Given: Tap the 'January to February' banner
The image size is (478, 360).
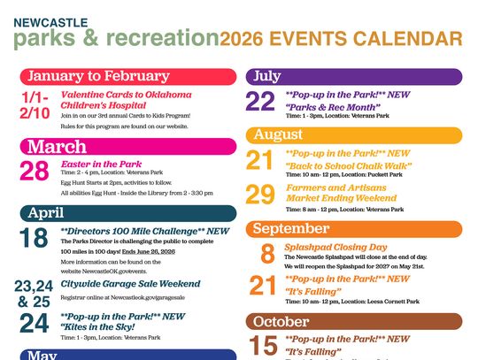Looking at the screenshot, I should (x=128, y=76).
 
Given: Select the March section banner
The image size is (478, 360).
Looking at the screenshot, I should (x=128, y=146).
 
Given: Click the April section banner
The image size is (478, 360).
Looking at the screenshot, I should (x=128, y=213).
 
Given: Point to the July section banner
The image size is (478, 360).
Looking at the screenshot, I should (x=353, y=77).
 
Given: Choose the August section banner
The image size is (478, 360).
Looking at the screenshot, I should (x=353, y=134).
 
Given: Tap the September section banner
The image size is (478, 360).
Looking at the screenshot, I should (x=353, y=229).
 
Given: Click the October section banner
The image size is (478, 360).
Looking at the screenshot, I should (x=353, y=321).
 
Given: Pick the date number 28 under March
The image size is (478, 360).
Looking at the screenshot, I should (x=35, y=172).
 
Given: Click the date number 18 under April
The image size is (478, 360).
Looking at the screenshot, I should (x=34, y=239).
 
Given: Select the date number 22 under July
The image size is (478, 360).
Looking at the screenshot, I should (x=261, y=102).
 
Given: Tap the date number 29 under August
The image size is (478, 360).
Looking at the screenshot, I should (x=261, y=195).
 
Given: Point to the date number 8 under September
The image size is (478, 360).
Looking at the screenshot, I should (x=267, y=254).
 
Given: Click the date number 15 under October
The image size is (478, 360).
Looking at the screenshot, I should (x=264, y=345).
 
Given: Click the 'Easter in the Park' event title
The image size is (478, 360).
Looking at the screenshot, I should (x=101, y=164).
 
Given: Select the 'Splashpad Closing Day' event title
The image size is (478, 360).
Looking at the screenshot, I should (x=335, y=248).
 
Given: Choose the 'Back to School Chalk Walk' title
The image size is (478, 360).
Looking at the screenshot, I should (x=348, y=165).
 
